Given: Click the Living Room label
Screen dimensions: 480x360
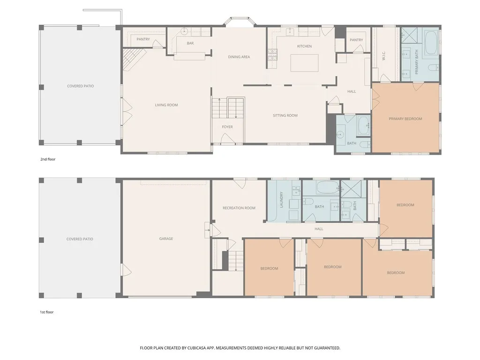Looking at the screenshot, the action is click(x=166, y=105).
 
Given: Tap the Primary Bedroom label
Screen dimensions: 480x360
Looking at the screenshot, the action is click(x=405, y=119).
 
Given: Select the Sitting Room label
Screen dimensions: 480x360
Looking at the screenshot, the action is click(x=285, y=115).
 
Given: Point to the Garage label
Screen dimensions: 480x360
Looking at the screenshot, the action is click(x=166, y=239).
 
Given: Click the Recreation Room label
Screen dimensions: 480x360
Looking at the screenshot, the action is click(x=239, y=208).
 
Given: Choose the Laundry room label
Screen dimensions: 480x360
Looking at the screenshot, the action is click(x=281, y=200).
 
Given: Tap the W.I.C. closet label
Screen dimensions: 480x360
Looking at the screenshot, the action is click(x=383, y=56).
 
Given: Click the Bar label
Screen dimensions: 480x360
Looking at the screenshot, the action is click(x=190, y=43).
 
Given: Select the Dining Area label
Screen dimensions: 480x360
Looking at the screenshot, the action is click(x=239, y=57).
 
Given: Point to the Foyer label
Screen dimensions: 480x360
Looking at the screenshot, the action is click(x=227, y=127).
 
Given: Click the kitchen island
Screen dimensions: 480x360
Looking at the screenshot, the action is click(x=304, y=63).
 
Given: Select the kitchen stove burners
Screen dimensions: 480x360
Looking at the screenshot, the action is click(x=272, y=54).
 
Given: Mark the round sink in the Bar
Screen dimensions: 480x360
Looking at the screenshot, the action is click(x=184, y=31).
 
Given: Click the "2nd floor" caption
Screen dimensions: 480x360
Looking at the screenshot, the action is click(x=48, y=159).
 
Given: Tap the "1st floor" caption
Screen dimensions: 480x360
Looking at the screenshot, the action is click(x=46, y=312).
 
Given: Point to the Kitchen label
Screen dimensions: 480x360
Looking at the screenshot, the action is click(x=304, y=46).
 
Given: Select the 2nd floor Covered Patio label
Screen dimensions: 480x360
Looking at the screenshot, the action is click(x=80, y=86).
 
